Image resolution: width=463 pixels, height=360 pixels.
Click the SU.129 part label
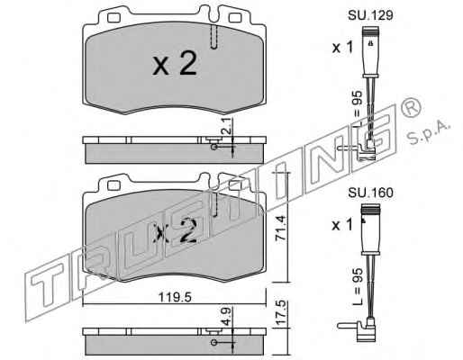tap(370, 15)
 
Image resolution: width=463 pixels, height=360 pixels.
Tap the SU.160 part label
tap(370, 193)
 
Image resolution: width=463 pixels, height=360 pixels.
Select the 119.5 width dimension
tap(175, 297)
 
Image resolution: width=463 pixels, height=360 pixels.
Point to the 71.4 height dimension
tap(280, 228)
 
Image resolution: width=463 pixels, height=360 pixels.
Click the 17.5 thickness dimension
tap(280, 312)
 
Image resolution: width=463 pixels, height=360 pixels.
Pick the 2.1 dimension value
tap(227, 126)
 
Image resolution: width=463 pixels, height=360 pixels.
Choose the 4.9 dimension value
tap(227, 316)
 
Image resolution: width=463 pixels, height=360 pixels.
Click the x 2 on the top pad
tap(175, 64)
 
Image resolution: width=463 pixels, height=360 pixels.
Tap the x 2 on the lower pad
tap(175, 230)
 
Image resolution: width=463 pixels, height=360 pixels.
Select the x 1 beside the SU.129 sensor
tap(343, 48)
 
